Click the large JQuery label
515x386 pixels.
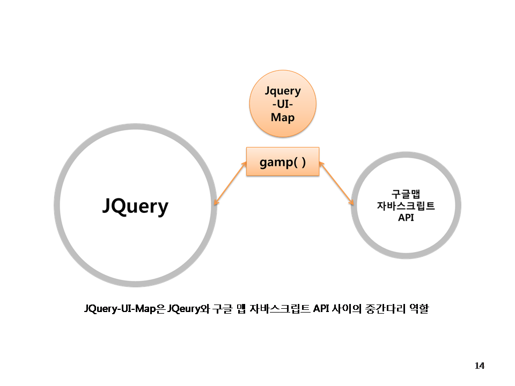click(135, 206)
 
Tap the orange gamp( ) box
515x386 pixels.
click(283, 162)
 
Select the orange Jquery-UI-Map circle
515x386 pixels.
click(283, 103)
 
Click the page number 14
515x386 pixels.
click(479, 366)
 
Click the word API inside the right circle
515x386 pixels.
click(406, 218)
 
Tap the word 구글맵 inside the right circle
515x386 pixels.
click(406, 194)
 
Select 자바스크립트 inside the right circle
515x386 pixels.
click(406, 206)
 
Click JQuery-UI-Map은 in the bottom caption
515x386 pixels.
click(124, 309)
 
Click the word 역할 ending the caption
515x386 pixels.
click(418, 309)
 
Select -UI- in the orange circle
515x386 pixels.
click(283, 103)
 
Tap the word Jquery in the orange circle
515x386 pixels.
click(283, 91)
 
